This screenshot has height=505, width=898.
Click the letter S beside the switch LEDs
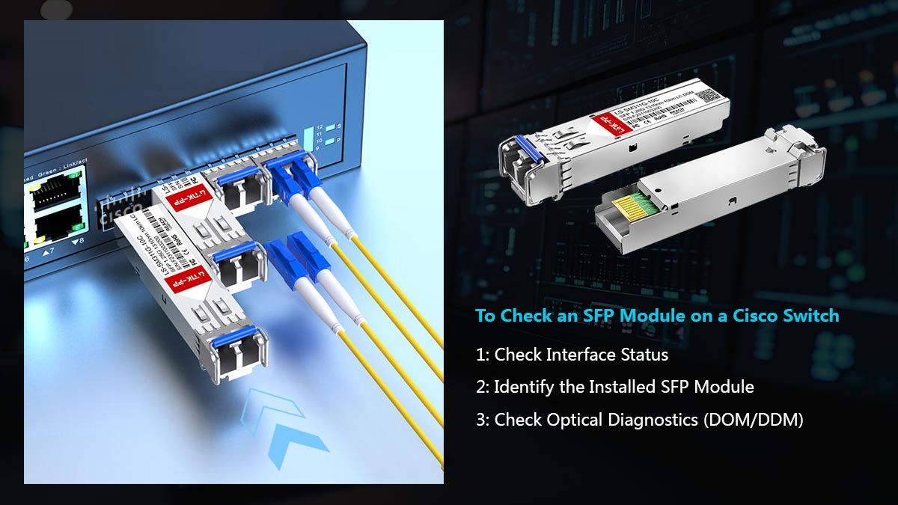point(338,126)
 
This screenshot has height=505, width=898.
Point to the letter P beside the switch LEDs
point(338,140)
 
